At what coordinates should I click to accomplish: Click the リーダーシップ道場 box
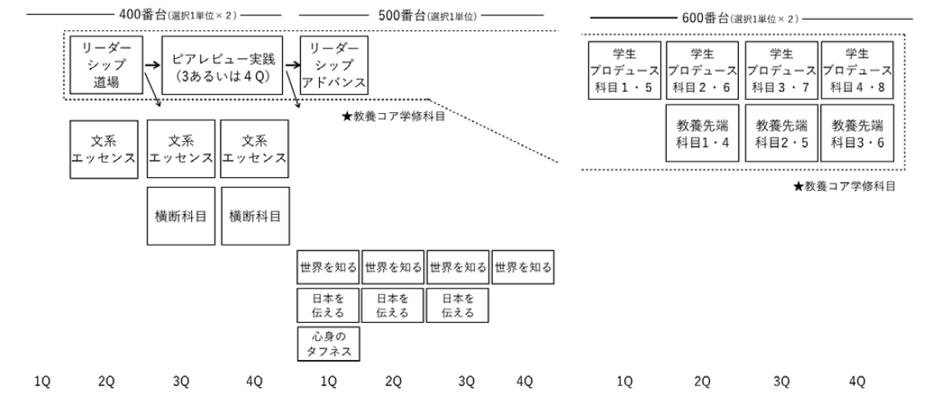click(x=104, y=65)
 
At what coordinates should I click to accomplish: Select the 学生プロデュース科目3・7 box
click(x=780, y=71)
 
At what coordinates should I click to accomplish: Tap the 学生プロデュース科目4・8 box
click(x=857, y=71)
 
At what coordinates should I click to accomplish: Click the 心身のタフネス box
click(x=328, y=343)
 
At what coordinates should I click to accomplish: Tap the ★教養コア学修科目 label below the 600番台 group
click(x=844, y=186)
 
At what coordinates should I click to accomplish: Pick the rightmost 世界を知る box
click(x=523, y=267)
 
